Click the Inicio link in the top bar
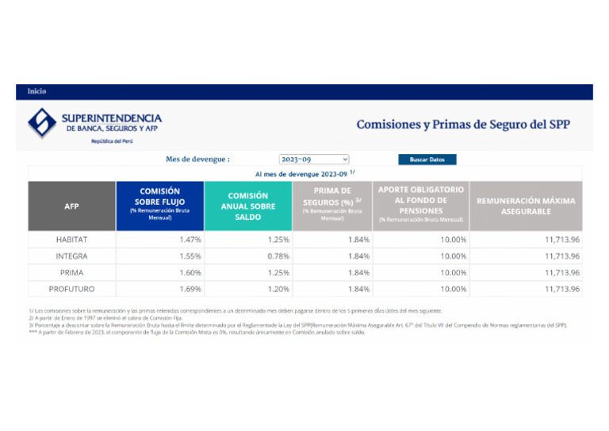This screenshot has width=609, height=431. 37,91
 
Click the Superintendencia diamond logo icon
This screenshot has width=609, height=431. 42,122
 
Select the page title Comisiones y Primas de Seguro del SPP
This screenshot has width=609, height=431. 463,125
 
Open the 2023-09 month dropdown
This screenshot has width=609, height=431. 314,160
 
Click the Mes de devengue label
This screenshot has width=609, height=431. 197,160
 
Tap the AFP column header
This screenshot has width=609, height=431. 71,206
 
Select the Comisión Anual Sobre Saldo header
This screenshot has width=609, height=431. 247,206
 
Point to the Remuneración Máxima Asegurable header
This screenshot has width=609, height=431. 526,206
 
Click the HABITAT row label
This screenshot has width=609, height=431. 71,239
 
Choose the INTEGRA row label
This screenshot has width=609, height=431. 71,256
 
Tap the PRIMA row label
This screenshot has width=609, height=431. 71,272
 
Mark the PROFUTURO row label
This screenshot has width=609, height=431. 71,289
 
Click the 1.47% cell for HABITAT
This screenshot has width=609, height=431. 190,239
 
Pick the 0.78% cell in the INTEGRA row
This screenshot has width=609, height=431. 278,256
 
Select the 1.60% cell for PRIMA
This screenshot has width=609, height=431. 190,272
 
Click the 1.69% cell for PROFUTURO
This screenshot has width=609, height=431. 190,289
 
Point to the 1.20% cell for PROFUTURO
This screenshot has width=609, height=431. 278,289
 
